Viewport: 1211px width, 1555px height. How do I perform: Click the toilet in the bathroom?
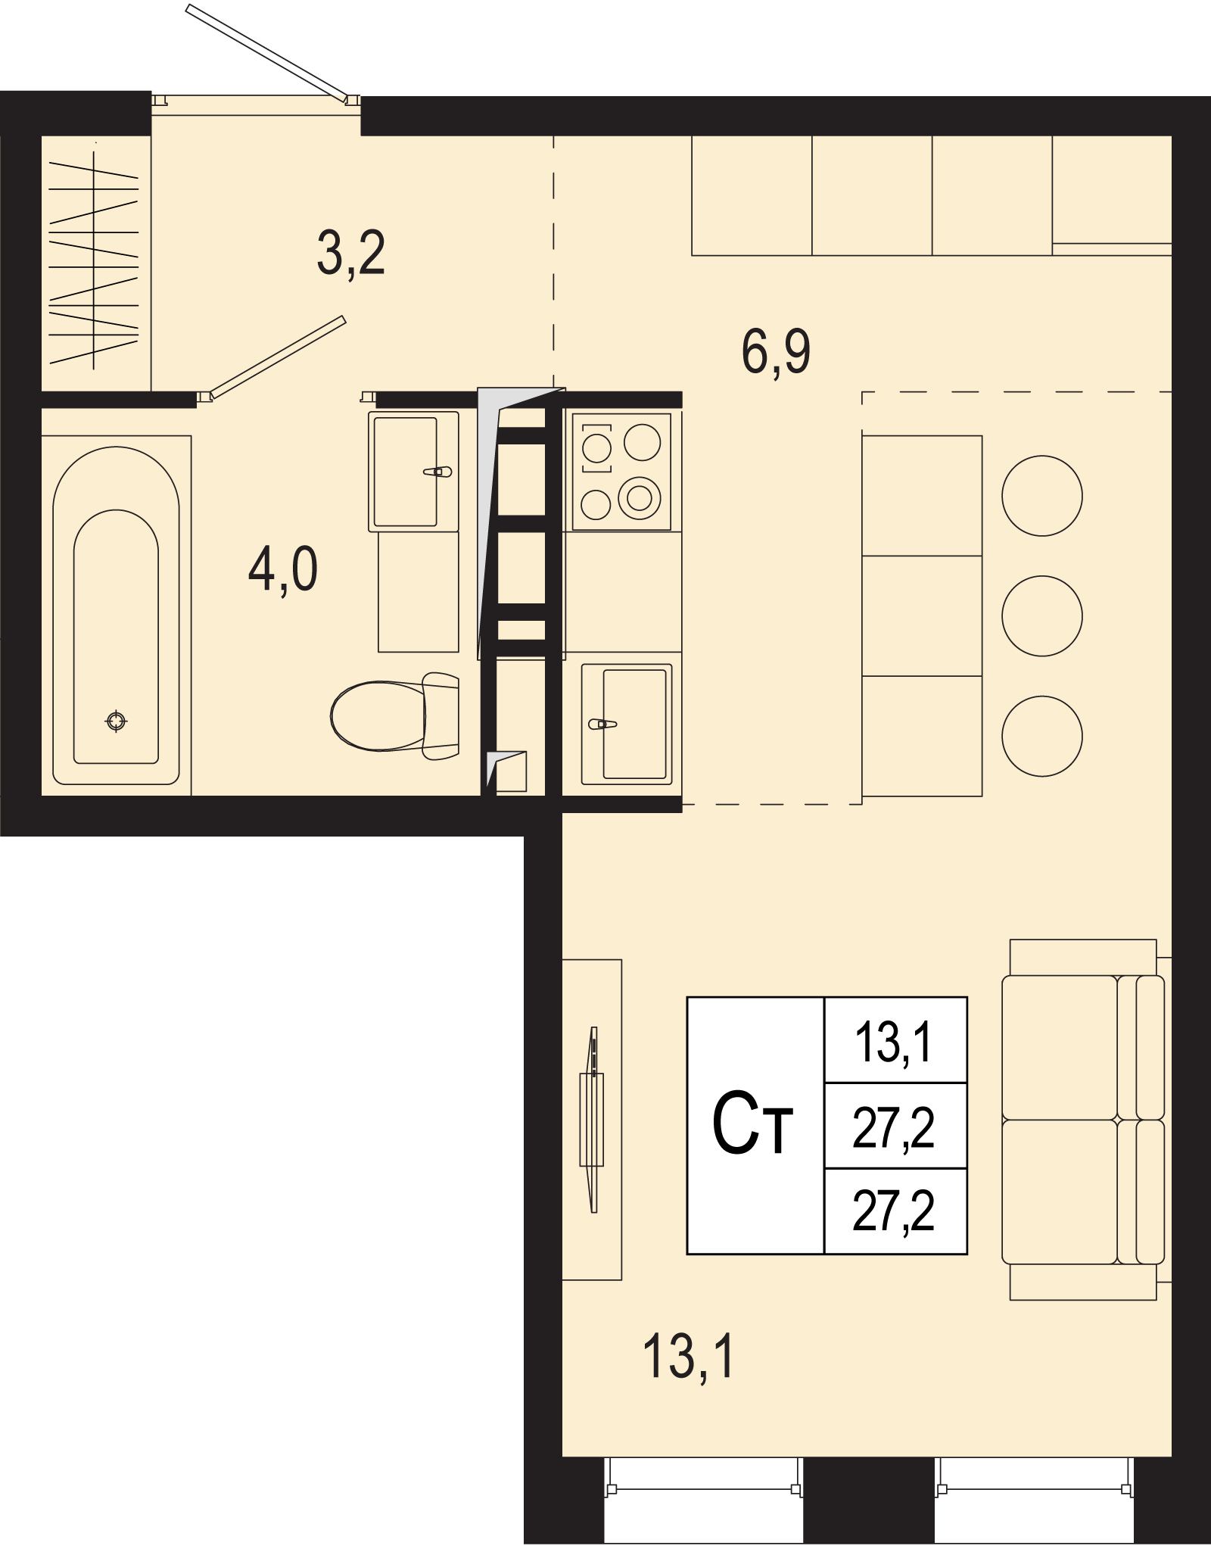point(394,715)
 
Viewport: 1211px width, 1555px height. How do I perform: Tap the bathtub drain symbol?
point(116,721)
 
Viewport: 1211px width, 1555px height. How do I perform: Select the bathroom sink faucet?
point(437,472)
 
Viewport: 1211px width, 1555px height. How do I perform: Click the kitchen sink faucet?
point(602,724)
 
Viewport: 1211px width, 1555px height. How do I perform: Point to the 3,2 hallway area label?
point(351,254)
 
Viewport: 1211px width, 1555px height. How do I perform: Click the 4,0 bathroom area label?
point(283,571)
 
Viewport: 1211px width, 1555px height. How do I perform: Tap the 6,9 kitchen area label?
point(776,352)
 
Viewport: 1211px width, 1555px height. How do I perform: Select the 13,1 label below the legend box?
point(689,1356)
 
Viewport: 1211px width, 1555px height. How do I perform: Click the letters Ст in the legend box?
point(752,1124)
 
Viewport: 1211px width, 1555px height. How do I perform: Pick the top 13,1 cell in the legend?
point(895,1040)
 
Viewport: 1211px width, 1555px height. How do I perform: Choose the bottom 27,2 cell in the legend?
point(895,1211)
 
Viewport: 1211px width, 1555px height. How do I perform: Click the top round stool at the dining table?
point(1042,496)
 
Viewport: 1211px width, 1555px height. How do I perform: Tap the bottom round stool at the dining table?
point(1042,736)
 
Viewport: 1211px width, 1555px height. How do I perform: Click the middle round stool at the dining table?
point(1042,615)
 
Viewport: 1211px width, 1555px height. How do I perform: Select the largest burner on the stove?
point(640,498)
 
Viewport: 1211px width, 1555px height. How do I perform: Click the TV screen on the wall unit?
point(594,1120)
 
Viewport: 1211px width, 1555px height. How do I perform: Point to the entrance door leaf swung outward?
point(267,52)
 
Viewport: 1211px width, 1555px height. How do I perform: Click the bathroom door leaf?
point(277,357)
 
